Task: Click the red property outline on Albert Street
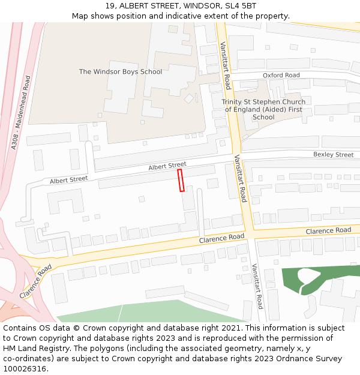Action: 181,180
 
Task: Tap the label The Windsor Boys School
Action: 121,72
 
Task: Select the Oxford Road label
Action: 281,75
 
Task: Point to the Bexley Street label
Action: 333,155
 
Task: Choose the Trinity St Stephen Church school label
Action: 263,109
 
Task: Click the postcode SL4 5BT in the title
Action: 241,6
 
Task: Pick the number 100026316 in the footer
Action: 25,369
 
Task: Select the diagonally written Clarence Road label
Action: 34,284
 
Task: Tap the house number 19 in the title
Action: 110,6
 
